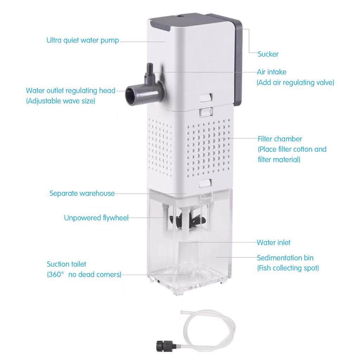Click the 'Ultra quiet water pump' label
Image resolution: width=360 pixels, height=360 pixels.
click(83, 40)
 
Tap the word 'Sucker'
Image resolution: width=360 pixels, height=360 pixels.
click(268, 54)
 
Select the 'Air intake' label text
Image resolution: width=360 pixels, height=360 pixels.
click(271, 72)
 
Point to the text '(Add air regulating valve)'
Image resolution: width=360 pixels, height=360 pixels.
click(295, 83)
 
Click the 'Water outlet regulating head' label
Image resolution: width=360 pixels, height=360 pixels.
click(71, 91)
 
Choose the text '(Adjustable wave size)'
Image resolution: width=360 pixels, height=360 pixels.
click(60, 101)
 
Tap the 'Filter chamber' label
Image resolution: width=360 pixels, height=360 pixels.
click(280, 139)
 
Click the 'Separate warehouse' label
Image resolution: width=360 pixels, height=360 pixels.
click(82, 193)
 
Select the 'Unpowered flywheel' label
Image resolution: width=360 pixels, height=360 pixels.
click(96, 218)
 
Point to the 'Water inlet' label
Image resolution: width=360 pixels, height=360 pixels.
click(274, 243)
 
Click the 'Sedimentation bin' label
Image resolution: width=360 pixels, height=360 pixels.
click(285, 258)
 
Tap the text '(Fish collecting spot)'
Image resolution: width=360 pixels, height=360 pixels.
click(288, 268)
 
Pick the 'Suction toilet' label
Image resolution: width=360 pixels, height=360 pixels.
click(66, 264)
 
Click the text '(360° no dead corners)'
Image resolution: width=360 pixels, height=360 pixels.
click(84, 275)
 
